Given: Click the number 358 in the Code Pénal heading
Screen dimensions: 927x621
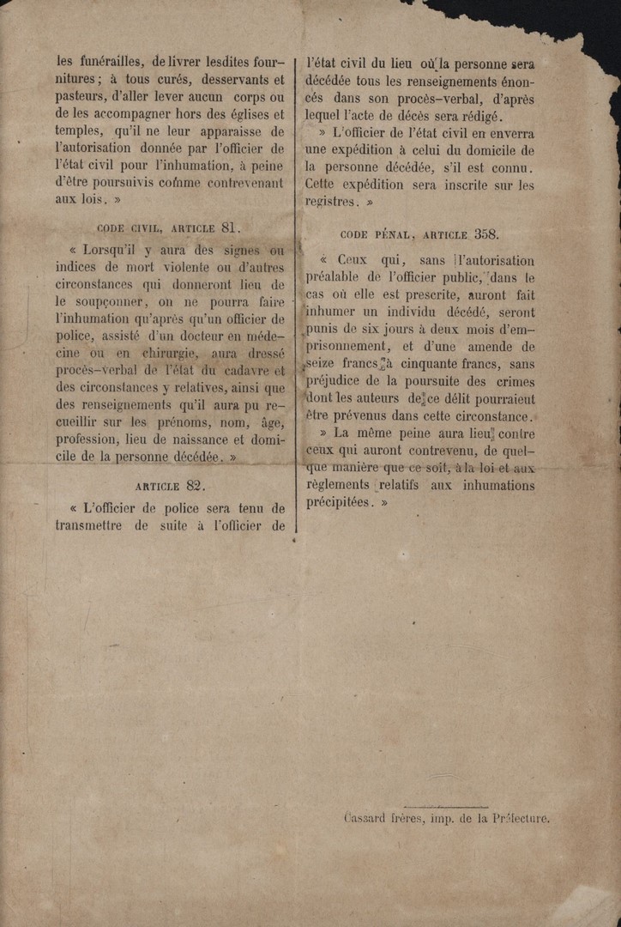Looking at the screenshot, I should click(485, 233).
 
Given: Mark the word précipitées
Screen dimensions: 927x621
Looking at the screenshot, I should click(341, 504).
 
